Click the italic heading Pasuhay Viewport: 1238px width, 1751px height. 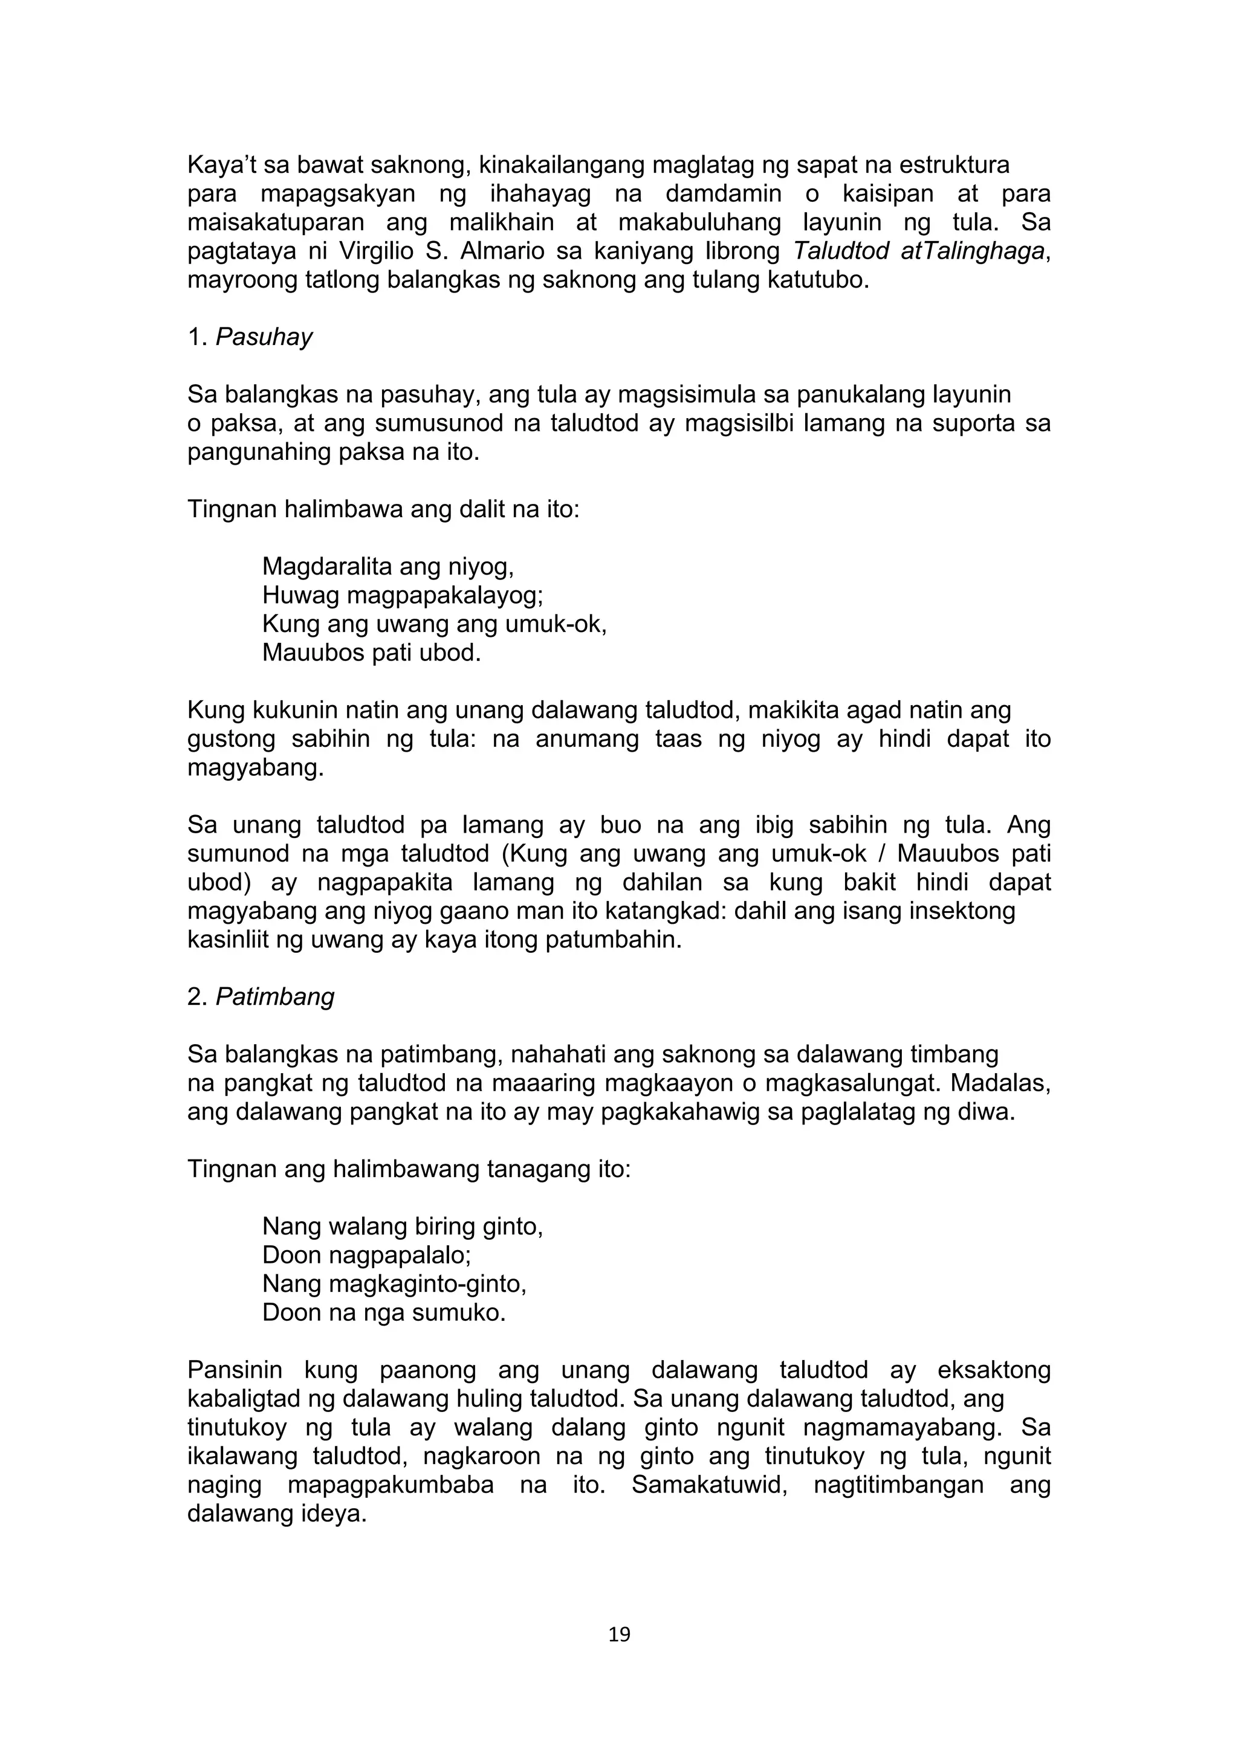[264, 337]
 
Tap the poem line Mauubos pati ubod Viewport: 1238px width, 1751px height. [372, 653]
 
